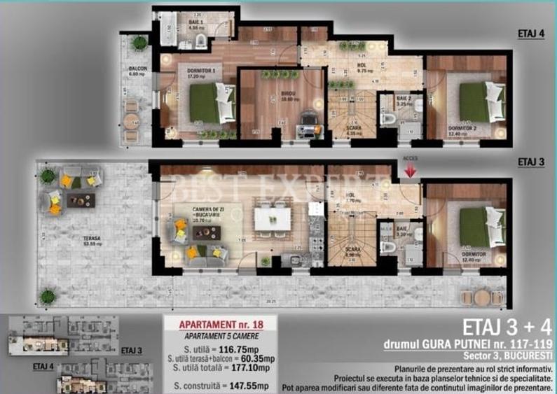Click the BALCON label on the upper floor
pyautogui.click(x=136, y=68)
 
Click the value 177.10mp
pyautogui.click(x=254, y=366)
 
